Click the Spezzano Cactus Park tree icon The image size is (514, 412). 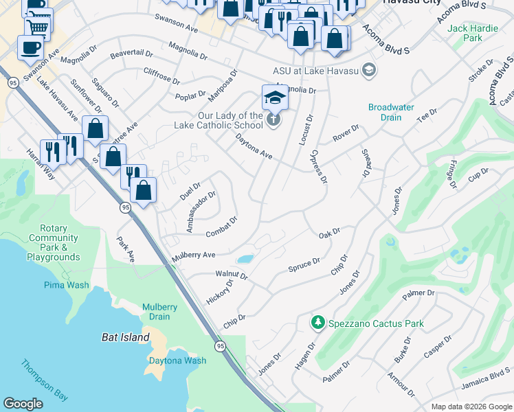(317, 322)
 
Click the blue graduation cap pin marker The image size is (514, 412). (275, 97)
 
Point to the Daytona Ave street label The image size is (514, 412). (254, 147)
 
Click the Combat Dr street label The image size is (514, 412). (221, 227)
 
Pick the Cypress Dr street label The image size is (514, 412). (319, 167)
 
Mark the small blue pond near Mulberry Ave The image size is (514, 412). (244, 259)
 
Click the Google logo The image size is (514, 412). (23, 404)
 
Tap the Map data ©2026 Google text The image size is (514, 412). (471, 407)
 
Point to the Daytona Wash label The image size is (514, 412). (177, 360)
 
